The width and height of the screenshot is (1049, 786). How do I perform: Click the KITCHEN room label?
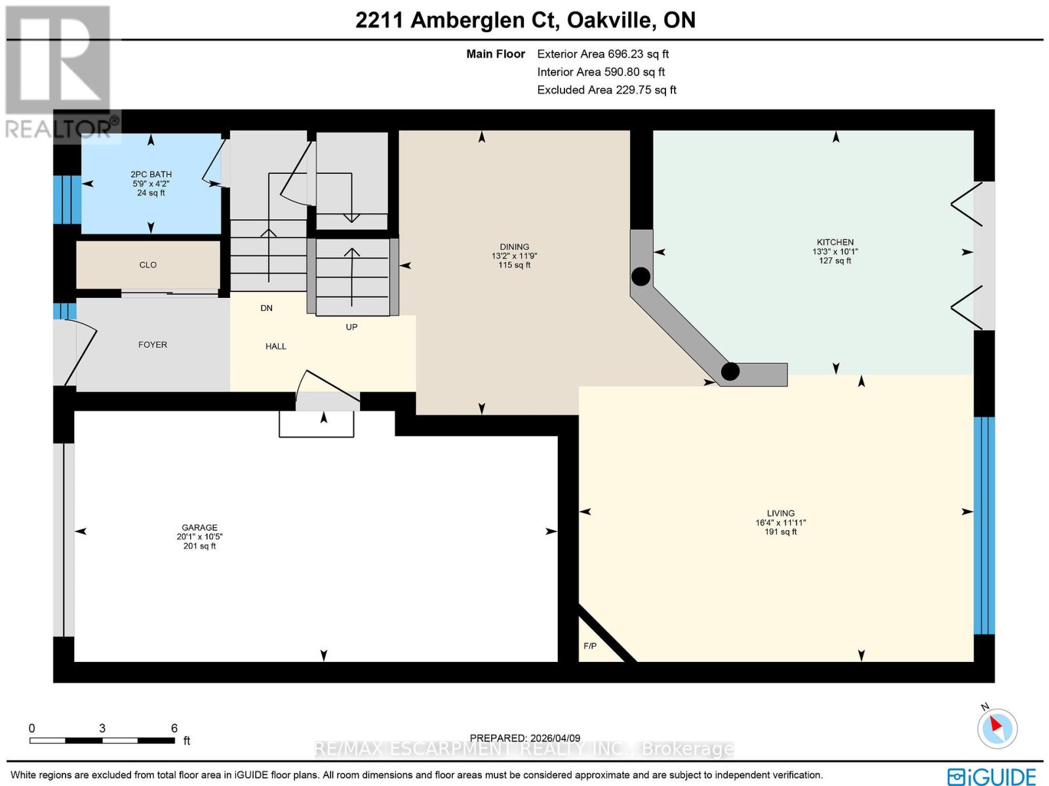click(835, 242)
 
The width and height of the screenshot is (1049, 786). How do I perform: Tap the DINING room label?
click(514, 247)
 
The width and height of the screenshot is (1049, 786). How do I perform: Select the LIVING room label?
click(780, 513)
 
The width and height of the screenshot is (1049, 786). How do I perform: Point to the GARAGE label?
click(199, 527)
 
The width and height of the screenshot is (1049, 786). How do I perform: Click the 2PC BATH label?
click(151, 175)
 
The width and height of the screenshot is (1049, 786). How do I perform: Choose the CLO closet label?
click(148, 265)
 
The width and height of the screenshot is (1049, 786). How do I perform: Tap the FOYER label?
click(153, 344)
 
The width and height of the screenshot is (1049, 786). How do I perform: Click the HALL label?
click(276, 346)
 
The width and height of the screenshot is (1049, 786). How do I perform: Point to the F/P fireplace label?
click(589, 646)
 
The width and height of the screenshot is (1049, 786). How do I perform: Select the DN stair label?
click(266, 308)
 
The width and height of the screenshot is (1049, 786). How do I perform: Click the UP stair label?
click(351, 327)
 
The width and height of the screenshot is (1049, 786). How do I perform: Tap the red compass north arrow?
click(997, 726)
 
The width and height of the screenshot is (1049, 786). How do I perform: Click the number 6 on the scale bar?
click(174, 728)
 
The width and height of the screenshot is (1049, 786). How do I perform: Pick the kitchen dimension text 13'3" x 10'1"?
click(835, 251)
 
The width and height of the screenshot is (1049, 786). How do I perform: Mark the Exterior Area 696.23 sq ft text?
click(603, 54)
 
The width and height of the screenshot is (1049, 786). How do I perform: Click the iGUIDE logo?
click(992, 775)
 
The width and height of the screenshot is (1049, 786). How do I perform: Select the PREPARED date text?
click(524, 737)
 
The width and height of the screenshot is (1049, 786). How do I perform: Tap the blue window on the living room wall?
click(984, 526)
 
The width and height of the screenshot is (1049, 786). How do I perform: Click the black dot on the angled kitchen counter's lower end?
click(730, 371)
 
